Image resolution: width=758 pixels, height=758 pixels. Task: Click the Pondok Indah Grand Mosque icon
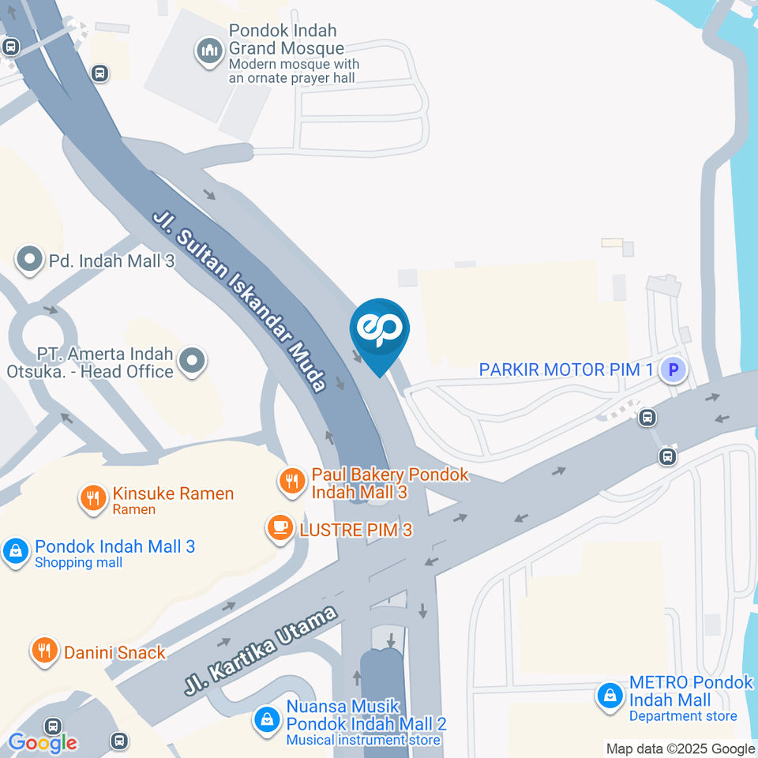coord(209,52)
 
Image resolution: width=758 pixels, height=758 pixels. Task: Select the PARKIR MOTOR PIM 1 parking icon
coord(673,369)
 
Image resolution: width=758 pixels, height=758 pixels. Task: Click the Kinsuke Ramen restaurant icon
coord(93,497)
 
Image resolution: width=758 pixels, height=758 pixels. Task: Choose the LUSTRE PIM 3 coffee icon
coord(280,528)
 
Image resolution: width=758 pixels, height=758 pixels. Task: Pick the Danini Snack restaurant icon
coord(43,651)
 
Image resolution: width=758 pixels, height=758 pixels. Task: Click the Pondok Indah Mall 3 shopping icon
coord(15,551)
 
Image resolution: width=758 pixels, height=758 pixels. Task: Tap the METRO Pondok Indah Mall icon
coord(610,696)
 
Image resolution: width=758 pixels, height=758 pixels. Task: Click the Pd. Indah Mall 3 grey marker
coord(30,260)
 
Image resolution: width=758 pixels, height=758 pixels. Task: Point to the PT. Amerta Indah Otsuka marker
coord(192,362)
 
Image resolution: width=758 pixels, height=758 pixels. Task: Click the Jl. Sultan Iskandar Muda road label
coord(239,301)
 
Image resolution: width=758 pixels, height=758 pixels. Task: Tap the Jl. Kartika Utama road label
coord(261,650)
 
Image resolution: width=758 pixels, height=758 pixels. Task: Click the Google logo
coord(43,742)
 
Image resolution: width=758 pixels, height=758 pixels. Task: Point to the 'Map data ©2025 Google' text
coord(680,749)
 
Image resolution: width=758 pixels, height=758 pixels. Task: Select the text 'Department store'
coord(682,716)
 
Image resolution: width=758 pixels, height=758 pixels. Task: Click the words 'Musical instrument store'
coord(363,740)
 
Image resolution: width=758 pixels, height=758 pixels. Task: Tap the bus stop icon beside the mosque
coord(99,73)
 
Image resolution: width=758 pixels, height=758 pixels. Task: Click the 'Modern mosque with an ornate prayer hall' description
coord(293,71)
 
